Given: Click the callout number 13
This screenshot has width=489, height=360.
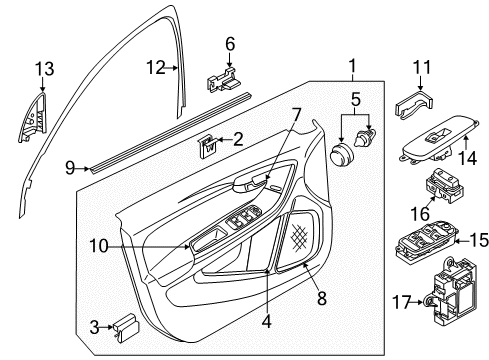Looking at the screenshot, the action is point(45,69).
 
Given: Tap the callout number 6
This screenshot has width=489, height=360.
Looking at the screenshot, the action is point(230,44).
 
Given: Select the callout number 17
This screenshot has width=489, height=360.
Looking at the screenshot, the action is point(401,302).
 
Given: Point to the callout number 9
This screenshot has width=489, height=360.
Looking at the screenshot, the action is point(70,168).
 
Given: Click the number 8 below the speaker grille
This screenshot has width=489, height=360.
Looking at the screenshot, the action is point(321,298).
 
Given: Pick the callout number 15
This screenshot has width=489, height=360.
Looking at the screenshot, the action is point(479,240).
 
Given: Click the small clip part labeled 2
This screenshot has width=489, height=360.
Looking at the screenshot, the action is point(208,146).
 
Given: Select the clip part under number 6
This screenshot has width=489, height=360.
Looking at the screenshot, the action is point(224,79).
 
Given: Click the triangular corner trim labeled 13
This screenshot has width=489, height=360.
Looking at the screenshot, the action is point(33,118).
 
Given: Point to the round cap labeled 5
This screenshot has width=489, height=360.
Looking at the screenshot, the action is point(342,154).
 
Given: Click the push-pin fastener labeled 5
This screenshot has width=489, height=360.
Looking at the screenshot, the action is point(366,137).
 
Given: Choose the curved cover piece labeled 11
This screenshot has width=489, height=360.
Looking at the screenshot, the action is point(414,104).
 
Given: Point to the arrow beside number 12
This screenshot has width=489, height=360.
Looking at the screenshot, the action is point(172,68).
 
